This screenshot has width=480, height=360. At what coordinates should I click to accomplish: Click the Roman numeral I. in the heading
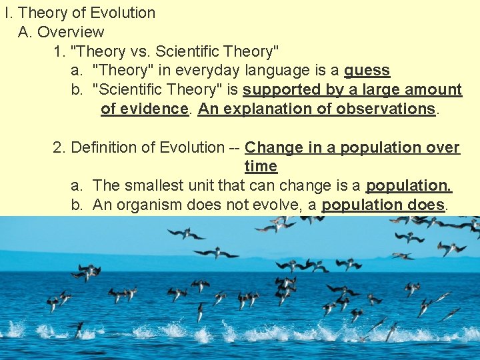[8, 13]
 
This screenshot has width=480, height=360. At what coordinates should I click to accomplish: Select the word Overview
[71, 32]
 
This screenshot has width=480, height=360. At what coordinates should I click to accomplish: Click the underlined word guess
[367, 71]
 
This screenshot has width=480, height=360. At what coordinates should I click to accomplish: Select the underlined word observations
[385, 109]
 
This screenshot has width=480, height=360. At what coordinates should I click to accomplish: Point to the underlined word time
[261, 167]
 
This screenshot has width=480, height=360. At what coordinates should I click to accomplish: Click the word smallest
[152, 186]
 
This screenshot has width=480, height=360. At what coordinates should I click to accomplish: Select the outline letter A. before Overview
[25, 32]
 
